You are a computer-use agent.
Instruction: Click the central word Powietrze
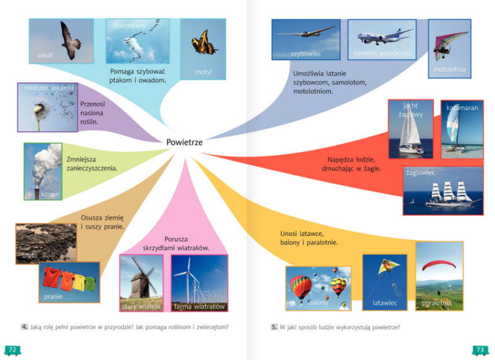click(184, 143)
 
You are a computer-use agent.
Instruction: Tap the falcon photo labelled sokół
click(61, 41)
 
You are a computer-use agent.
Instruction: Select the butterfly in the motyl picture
click(204, 43)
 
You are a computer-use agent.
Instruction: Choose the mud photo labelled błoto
click(45, 244)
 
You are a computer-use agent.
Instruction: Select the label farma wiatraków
click(199, 307)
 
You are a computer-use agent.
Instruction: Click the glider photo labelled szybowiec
click(305, 38)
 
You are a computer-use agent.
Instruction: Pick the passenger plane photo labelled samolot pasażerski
click(380, 39)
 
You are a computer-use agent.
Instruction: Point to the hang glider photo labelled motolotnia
click(448, 48)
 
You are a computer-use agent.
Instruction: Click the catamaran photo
click(462, 129)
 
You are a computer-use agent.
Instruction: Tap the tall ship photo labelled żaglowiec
click(442, 190)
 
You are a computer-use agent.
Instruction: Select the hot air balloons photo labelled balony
click(318, 288)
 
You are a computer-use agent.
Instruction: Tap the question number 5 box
click(274, 327)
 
